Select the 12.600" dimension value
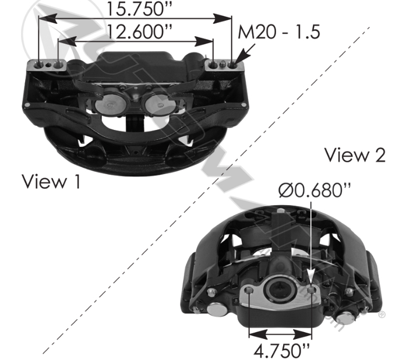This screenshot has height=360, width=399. point(139,32)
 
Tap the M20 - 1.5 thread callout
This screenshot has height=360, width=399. point(278,32)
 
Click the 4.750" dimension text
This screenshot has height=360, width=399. point(282,351)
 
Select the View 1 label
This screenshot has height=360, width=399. point(51,181)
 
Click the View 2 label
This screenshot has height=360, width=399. point(355,155)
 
